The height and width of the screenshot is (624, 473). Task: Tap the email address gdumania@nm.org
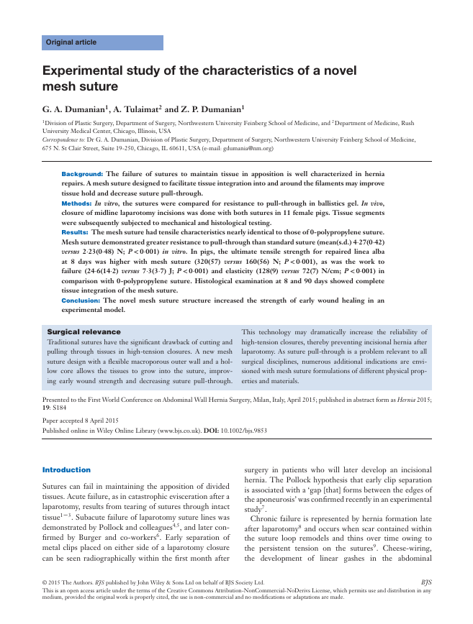242,148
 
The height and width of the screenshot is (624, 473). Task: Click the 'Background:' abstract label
82,174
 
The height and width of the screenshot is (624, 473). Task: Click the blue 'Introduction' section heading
66,469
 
